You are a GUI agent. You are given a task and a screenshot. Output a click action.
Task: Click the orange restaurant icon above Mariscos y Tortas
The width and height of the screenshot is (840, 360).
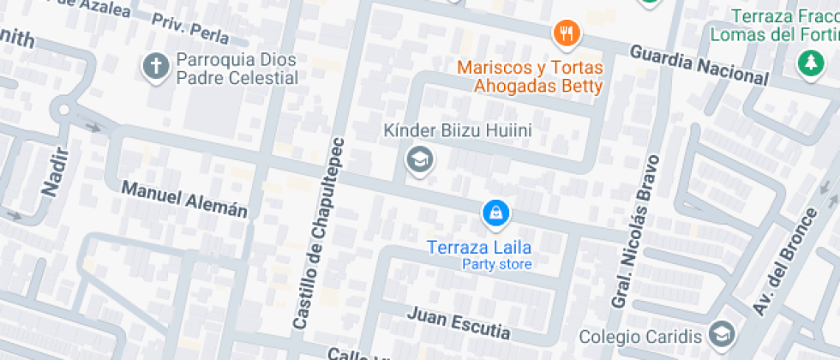pos(567,34)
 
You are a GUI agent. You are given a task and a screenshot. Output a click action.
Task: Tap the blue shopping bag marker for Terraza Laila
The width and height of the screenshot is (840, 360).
pos(495,214)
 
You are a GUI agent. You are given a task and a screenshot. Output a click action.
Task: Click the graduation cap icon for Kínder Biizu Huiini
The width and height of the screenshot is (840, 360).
pos(419,159)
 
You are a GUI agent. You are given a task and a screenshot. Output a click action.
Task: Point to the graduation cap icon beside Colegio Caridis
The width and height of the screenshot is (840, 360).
pos(723,334)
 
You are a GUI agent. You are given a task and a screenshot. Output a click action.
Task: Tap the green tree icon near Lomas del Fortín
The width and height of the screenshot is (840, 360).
pos(807,63)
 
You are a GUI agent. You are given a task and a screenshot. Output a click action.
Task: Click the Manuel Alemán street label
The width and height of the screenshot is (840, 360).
pos(184,198)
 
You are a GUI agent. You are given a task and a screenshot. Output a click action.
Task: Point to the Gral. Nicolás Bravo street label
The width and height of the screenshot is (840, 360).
pos(635,231)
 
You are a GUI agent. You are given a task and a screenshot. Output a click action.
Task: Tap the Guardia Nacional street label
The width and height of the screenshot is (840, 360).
pos(699,64)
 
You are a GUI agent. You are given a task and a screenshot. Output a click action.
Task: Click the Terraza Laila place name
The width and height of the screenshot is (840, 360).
pos(479,247)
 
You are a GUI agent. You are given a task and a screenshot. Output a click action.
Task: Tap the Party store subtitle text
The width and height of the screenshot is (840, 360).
pos(496,264)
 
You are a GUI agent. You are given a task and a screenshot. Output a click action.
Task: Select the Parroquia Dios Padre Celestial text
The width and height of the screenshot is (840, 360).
pos(237,69)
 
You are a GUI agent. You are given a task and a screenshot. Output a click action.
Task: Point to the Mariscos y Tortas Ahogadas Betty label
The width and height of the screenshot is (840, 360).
pos(530,76)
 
